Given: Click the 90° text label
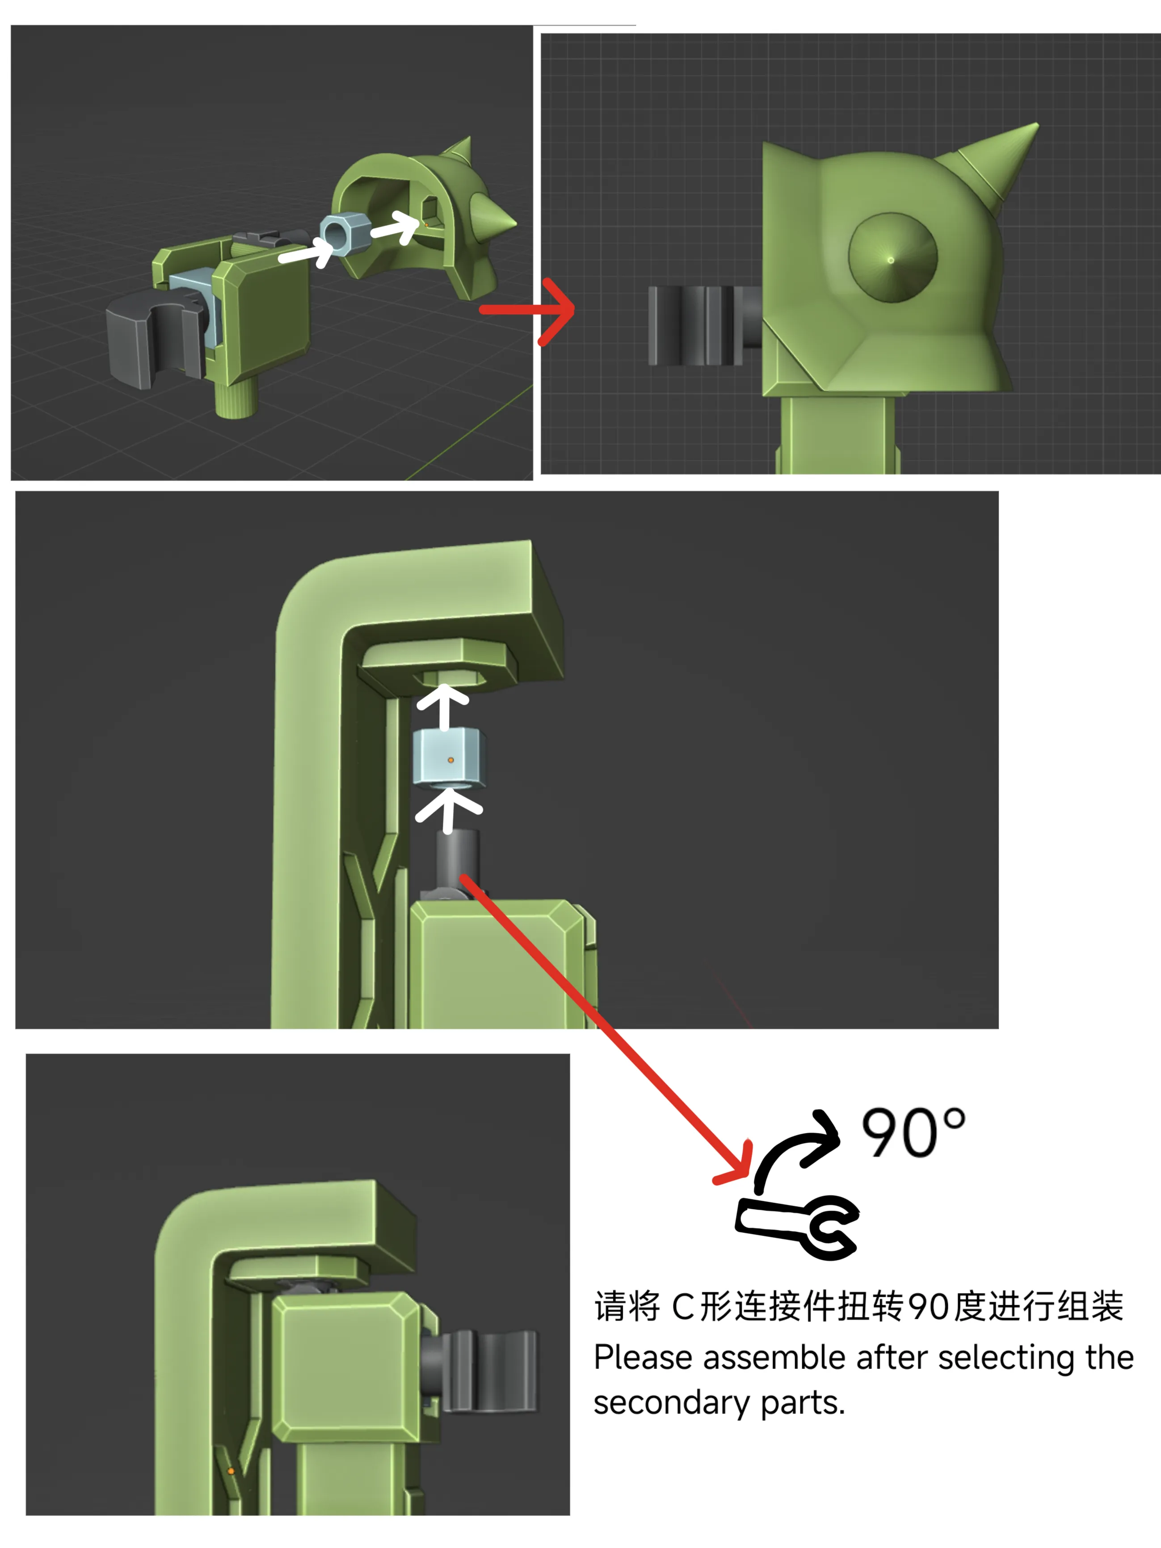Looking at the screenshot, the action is click(x=913, y=1131).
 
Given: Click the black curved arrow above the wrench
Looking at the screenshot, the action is click(x=796, y=1148).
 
